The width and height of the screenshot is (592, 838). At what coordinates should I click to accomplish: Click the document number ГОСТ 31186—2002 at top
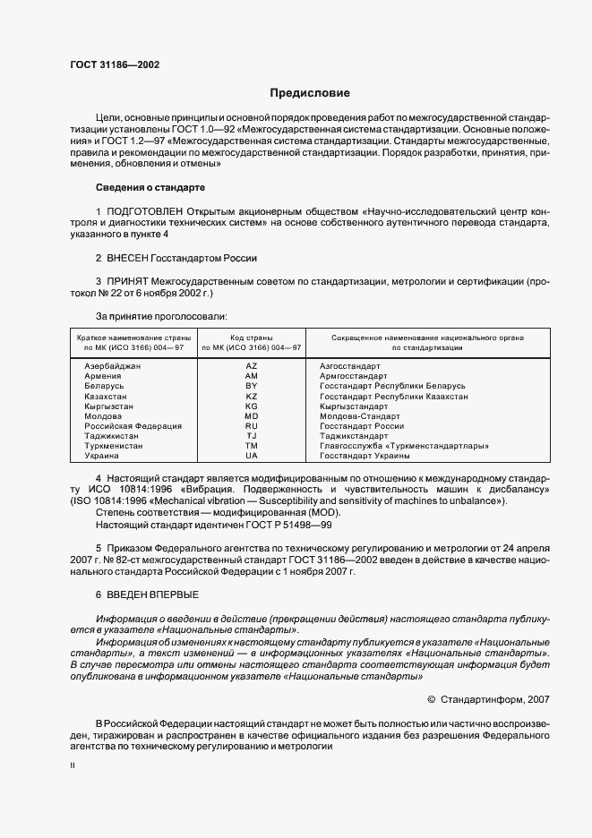pyautogui.click(x=110, y=64)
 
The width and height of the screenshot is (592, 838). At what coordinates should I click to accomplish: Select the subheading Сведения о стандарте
pyautogui.click(x=150, y=187)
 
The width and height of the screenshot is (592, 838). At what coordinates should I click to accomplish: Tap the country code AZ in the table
pyautogui.click(x=251, y=366)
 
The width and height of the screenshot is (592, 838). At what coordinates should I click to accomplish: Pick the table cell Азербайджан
pyautogui.click(x=112, y=366)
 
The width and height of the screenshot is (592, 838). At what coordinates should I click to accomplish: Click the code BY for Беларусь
pyautogui.click(x=251, y=386)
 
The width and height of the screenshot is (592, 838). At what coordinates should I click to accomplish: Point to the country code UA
pyautogui.click(x=251, y=455)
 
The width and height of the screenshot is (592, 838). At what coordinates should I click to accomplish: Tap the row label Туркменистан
pyautogui.click(x=114, y=445)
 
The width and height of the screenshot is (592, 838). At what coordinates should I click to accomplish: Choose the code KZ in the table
pyautogui.click(x=251, y=396)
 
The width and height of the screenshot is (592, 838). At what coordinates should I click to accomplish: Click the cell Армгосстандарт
pyautogui.click(x=353, y=376)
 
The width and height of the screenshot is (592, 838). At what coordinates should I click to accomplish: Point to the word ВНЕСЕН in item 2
pyautogui.click(x=132, y=258)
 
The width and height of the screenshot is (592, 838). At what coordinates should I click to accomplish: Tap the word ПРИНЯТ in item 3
pyautogui.click(x=129, y=281)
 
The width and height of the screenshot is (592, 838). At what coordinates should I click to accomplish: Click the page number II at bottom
pyautogui.click(x=73, y=766)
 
